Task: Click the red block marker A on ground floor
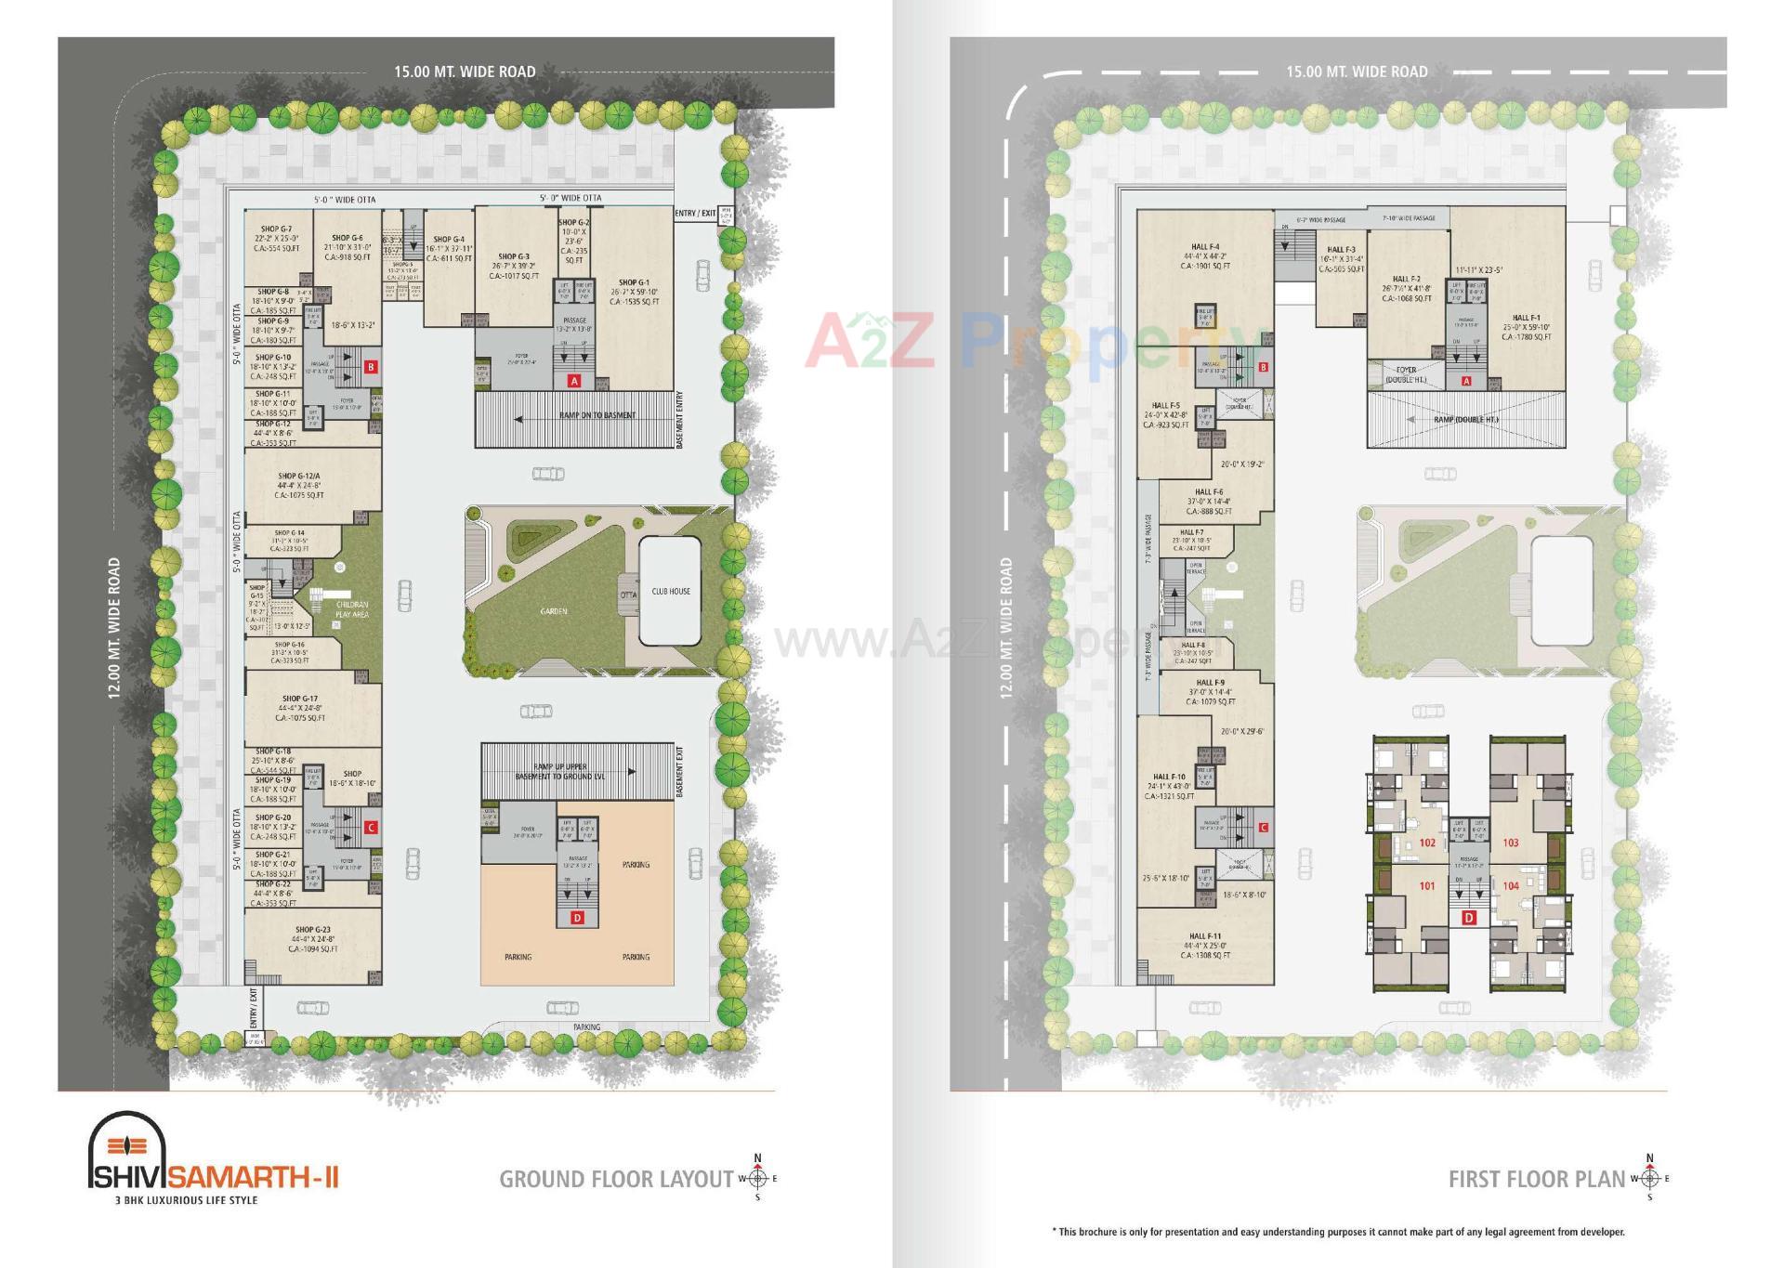click(573, 381)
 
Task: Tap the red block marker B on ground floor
click(371, 367)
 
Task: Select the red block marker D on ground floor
click(577, 918)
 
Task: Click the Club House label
click(670, 591)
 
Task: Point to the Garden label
click(554, 611)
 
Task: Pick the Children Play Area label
click(352, 609)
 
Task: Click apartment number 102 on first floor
click(1427, 843)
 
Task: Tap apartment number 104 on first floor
click(1511, 886)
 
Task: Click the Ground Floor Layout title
click(616, 1180)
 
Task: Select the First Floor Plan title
click(1537, 1180)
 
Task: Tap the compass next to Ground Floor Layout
click(757, 1179)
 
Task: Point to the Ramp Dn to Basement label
click(597, 415)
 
